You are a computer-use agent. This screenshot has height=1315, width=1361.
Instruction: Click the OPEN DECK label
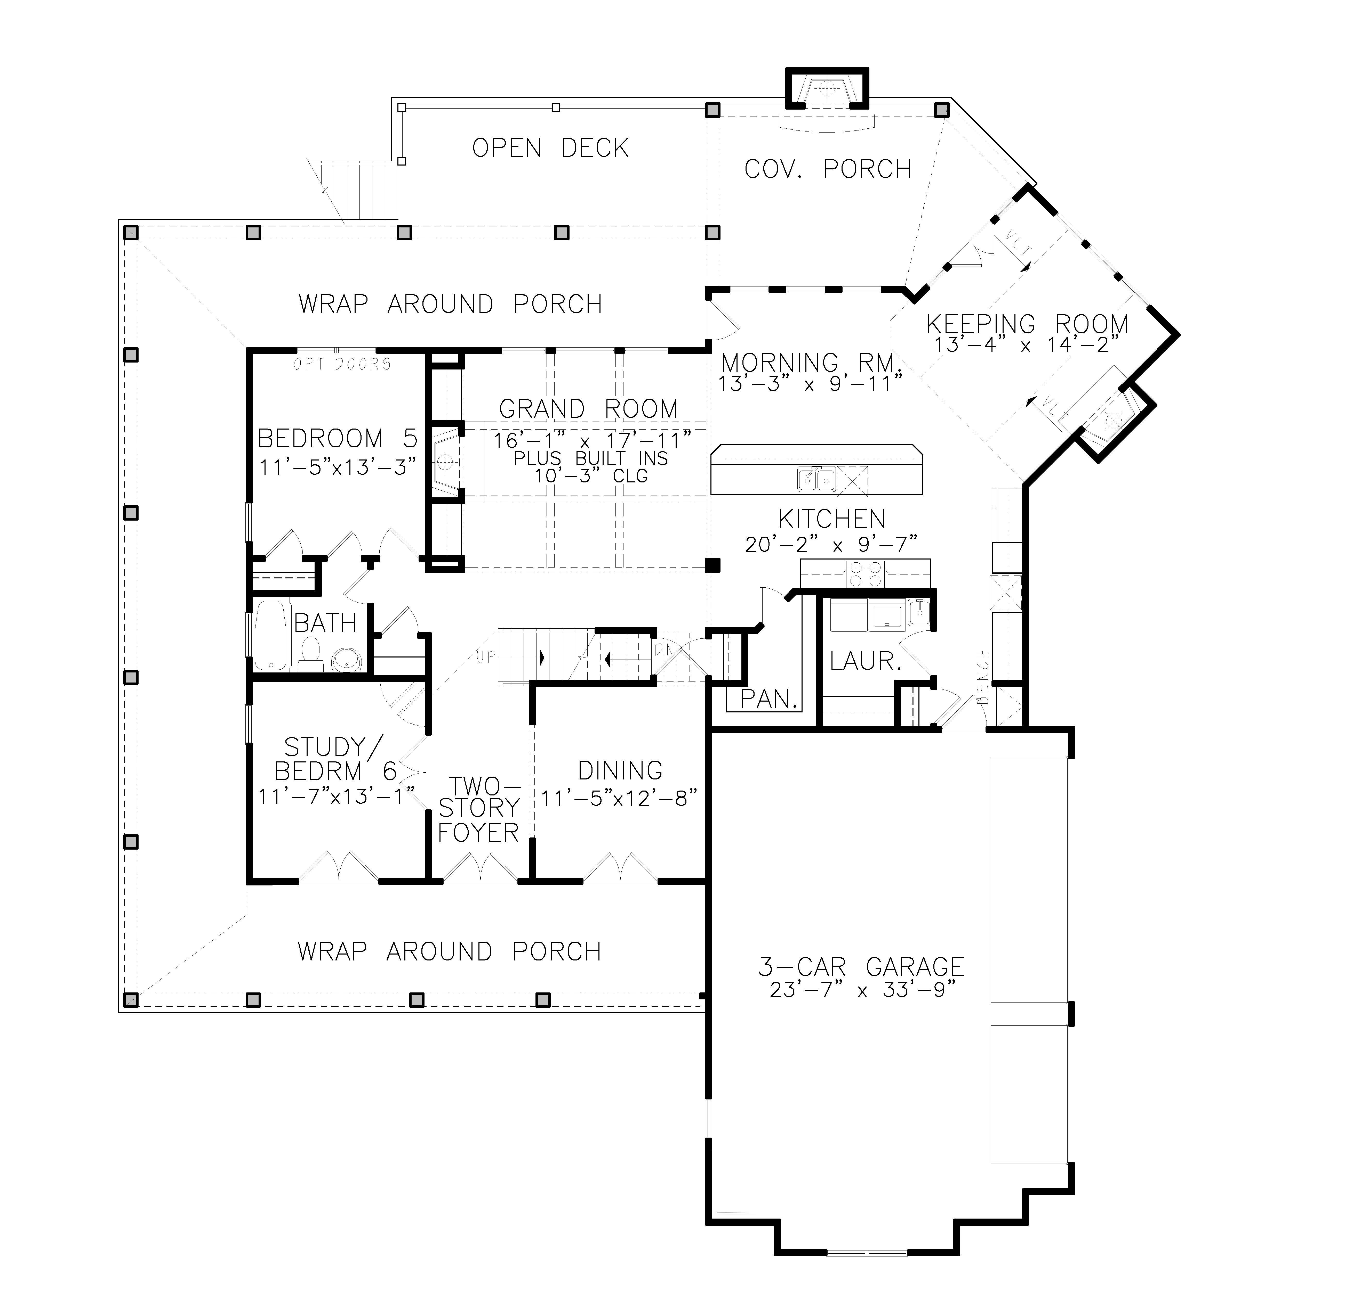coord(551,148)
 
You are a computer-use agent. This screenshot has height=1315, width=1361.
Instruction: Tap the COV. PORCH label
coord(828,169)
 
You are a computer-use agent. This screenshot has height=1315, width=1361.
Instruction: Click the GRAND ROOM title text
coord(588,409)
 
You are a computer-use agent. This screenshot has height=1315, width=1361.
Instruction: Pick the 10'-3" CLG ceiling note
coord(591,476)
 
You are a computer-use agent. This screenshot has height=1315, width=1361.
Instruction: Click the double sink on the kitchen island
coord(816,479)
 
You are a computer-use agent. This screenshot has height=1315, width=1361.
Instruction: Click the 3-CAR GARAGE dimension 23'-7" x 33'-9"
coord(861,990)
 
